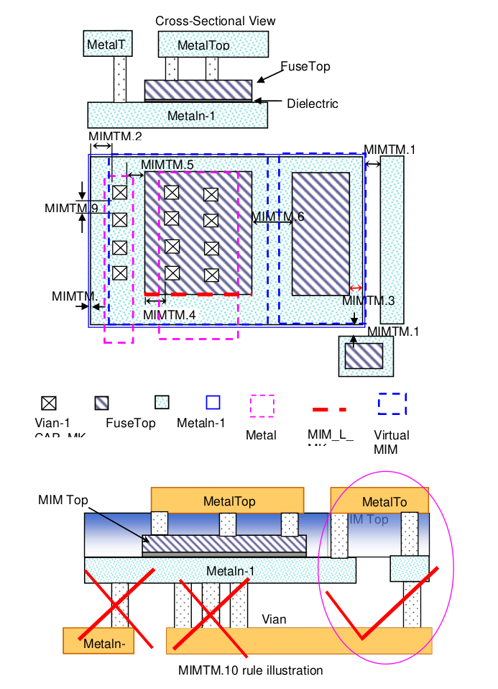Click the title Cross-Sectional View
[x=215, y=21]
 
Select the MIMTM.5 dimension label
[x=167, y=165]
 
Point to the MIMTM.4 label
[x=170, y=314]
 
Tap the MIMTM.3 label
[x=368, y=301]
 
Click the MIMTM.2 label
[x=115, y=137]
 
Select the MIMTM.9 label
[x=71, y=209]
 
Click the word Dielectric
[x=312, y=104]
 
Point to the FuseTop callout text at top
[x=305, y=66]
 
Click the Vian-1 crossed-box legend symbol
[x=50, y=403]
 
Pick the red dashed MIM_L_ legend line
[x=330, y=409]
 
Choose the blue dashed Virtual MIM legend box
[x=392, y=404]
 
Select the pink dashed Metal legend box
[x=262, y=406]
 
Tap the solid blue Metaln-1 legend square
[x=213, y=403]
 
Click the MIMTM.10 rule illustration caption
[x=250, y=670]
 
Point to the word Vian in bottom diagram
[x=274, y=619]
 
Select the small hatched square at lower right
[x=364, y=357]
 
